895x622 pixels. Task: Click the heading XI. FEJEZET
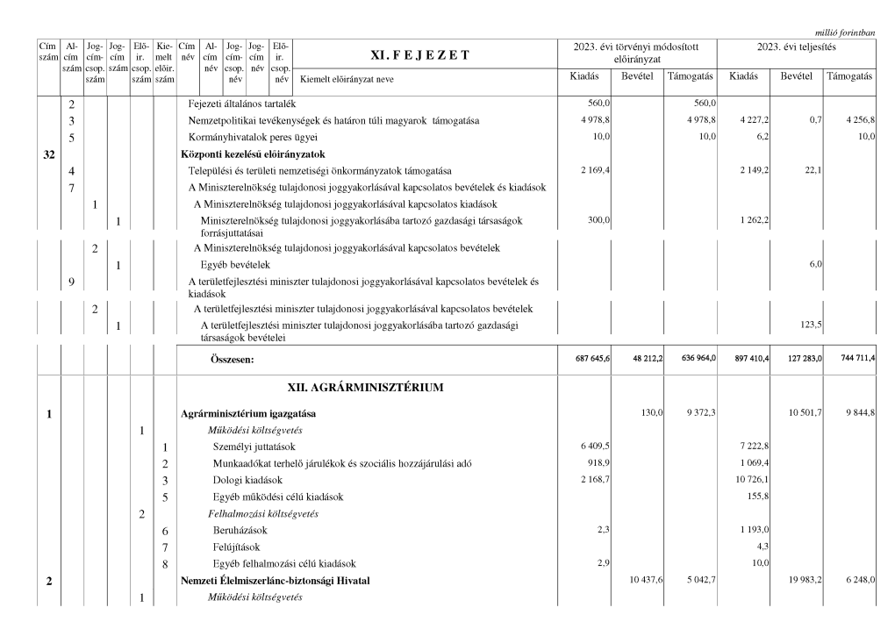[420, 55]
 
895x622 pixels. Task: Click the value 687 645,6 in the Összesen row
[592, 358]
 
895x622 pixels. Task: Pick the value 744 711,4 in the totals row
[852, 358]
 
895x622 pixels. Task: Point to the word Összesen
[226, 359]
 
